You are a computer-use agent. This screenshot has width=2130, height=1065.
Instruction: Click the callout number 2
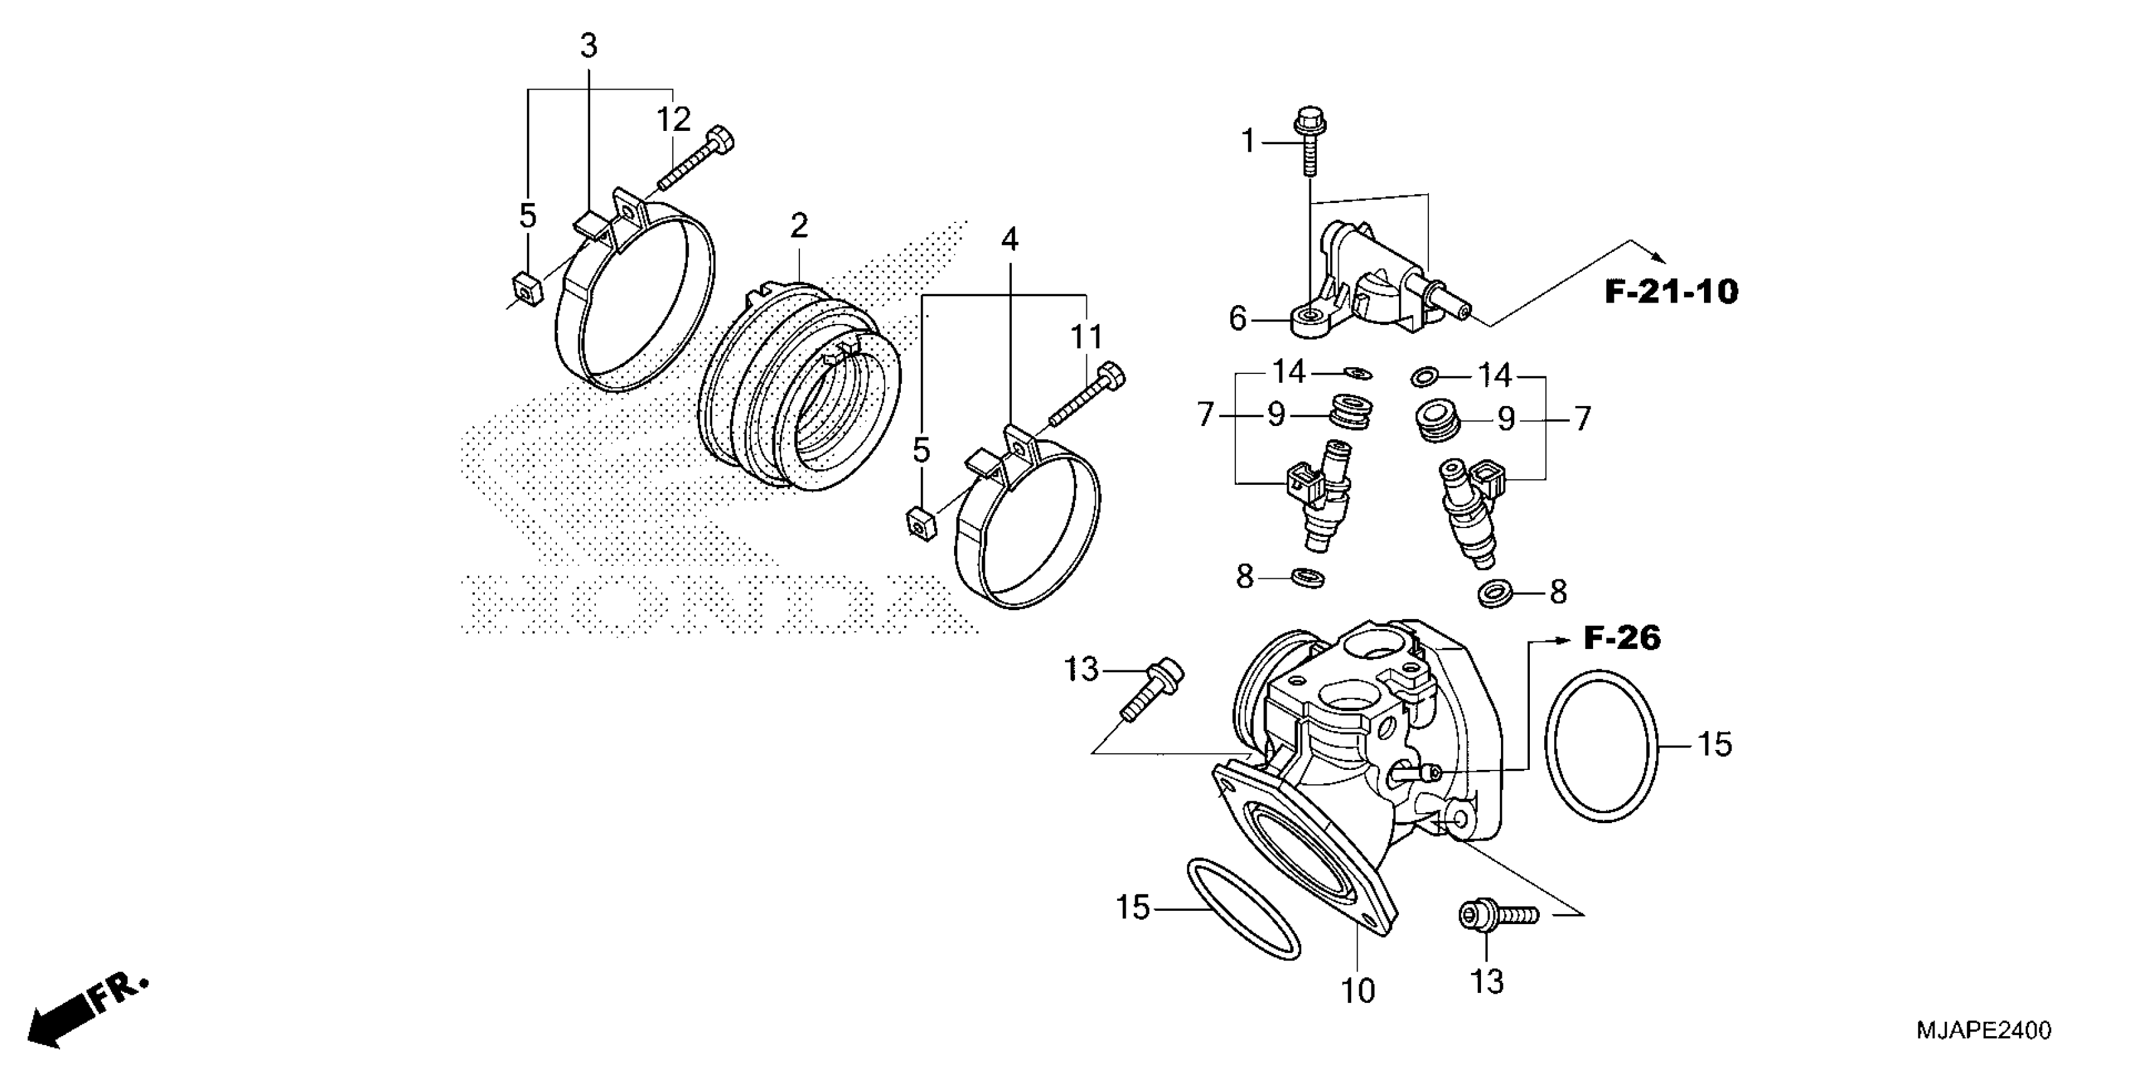click(798, 226)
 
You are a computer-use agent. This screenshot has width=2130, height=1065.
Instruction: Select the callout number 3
click(588, 46)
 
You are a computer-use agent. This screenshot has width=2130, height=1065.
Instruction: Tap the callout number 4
click(1010, 240)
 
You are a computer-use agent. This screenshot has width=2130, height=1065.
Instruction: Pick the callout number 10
click(1357, 990)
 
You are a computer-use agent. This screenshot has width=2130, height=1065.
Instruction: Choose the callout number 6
click(1237, 318)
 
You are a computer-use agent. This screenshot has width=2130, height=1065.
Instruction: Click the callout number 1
click(1248, 142)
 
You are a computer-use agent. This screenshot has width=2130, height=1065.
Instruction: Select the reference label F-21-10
click(1671, 292)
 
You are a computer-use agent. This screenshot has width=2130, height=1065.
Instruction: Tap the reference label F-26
click(1621, 638)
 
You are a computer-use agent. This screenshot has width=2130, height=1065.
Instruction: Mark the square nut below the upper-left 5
click(528, 287)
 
